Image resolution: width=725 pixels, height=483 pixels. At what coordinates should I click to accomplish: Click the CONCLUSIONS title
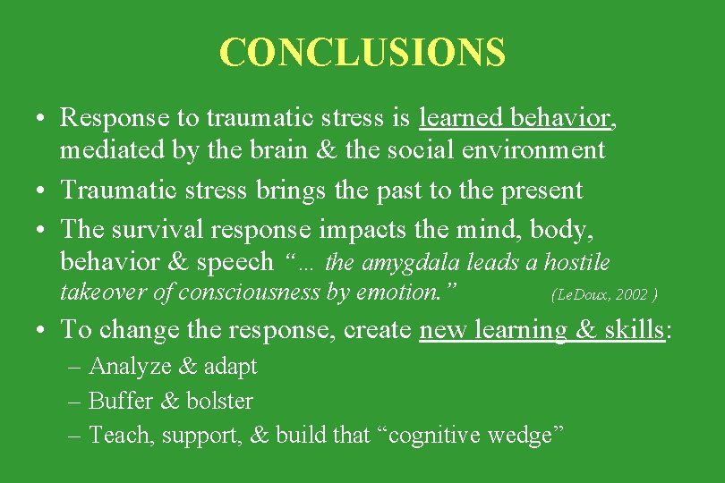(362, 53)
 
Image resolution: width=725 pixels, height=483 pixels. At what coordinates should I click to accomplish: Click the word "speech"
(235, 261)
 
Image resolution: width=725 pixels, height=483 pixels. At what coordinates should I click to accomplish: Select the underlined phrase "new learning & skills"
(542, 329)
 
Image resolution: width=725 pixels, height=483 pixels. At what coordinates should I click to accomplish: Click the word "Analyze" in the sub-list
(124, 367)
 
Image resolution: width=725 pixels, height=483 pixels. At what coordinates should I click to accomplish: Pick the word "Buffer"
(122, 401)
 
